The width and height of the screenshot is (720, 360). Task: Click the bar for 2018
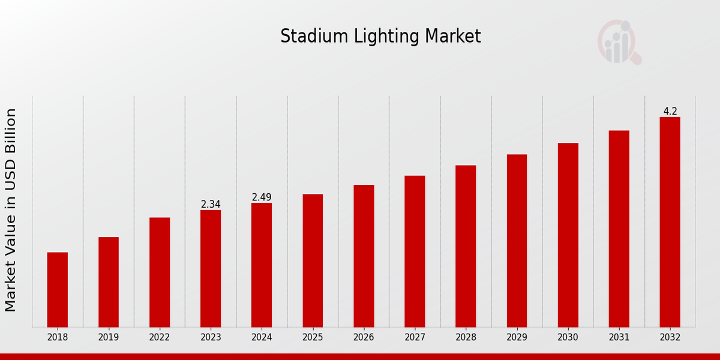(x=58, y=289)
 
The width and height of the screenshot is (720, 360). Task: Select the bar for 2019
(x=109, y=282)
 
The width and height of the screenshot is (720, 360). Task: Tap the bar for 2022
(x=160, y=272)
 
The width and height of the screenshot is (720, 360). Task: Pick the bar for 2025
(x=313, y=260)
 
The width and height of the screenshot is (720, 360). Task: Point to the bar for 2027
(x=415, y=251)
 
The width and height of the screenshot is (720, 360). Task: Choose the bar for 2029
(x=517, y=241)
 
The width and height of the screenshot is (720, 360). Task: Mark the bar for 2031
(x=619, y=229)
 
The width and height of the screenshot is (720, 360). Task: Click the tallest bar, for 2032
(x=670, y=222)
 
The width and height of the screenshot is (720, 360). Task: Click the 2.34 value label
(x=211, y=205)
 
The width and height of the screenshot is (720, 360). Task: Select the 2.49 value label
(x=262, y=197)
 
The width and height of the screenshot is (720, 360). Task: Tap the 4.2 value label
(x=670, y=112)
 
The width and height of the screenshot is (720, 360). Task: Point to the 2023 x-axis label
(x=211, y=338)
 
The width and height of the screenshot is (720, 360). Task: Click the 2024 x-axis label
(x=262, y=338)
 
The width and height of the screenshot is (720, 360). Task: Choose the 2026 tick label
(x=364, y=338)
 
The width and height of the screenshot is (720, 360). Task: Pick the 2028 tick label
(x=466, y=338)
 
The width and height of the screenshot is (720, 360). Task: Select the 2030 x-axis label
(x=568, y=338)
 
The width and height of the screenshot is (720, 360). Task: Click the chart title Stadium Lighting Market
(x=380, y=37)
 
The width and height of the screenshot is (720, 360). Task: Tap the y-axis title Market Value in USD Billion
(x=11, y=210)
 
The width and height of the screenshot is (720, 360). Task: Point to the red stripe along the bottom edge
(x=360, y=356)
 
